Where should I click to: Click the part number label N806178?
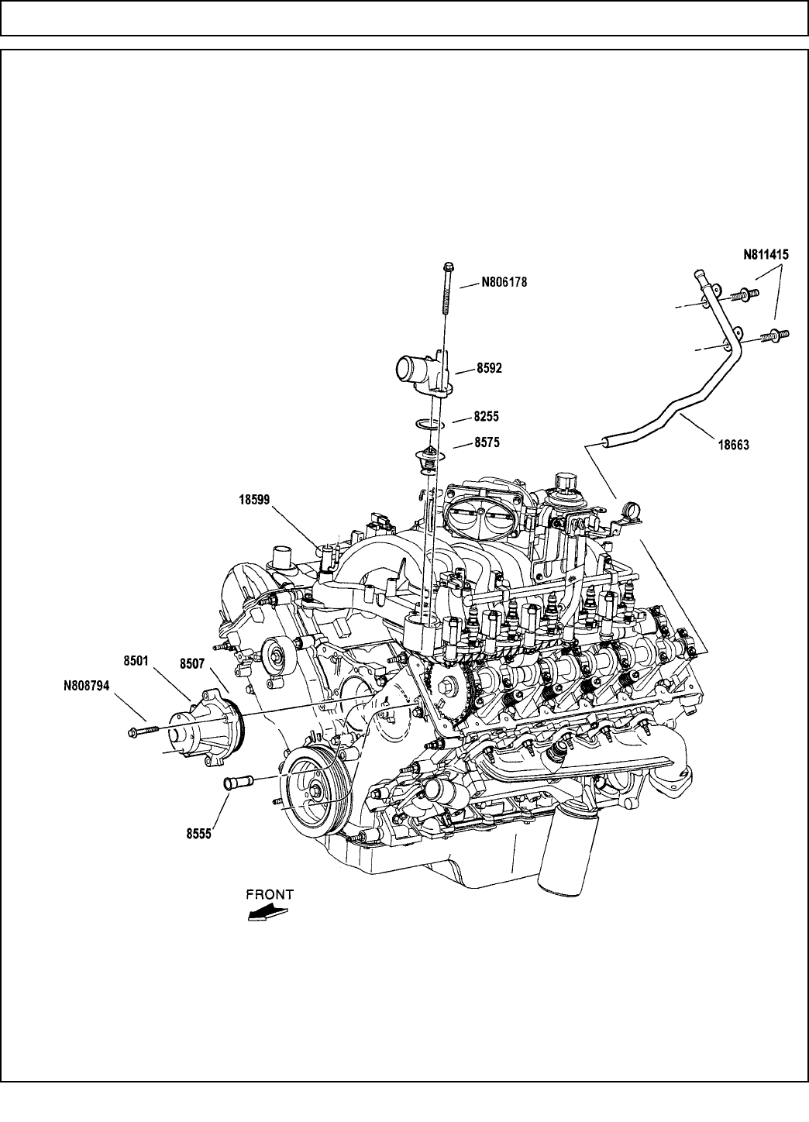(x=504, y=283)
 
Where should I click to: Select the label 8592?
(x=489, y=369)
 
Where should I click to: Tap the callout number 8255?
(x=487, y=416)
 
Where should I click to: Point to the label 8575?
(x=487, y=443)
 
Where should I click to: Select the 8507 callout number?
(x=194, y=663)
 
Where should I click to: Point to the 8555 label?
(x=199, y=835)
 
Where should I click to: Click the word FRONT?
(x=270, y=893)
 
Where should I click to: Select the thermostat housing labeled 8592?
(x=422, y=371)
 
